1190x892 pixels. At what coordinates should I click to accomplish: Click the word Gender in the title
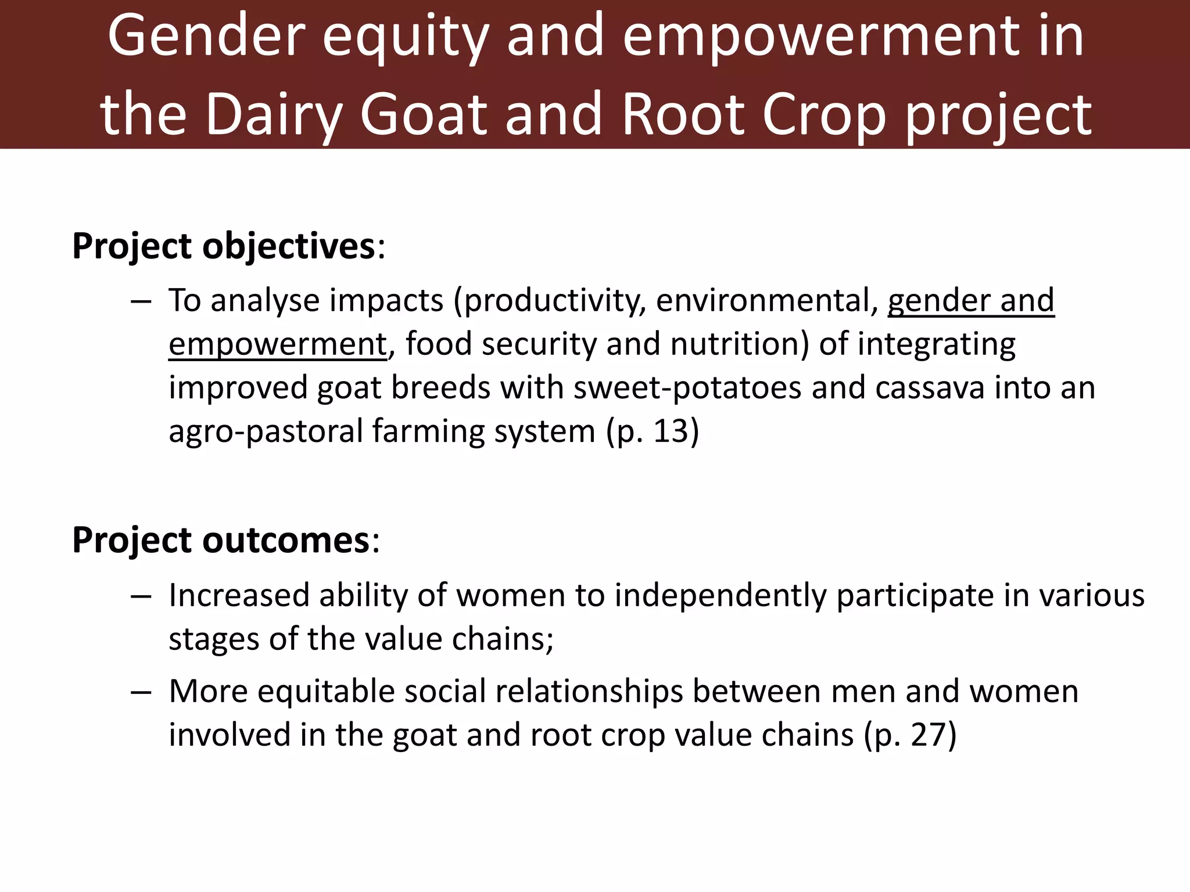[x=206, y=36]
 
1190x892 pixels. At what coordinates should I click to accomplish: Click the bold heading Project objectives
[x=224, y=246]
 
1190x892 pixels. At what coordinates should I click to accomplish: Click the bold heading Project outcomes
[x=221, y=540]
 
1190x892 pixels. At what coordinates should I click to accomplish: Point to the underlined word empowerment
[x=277, y=344]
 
